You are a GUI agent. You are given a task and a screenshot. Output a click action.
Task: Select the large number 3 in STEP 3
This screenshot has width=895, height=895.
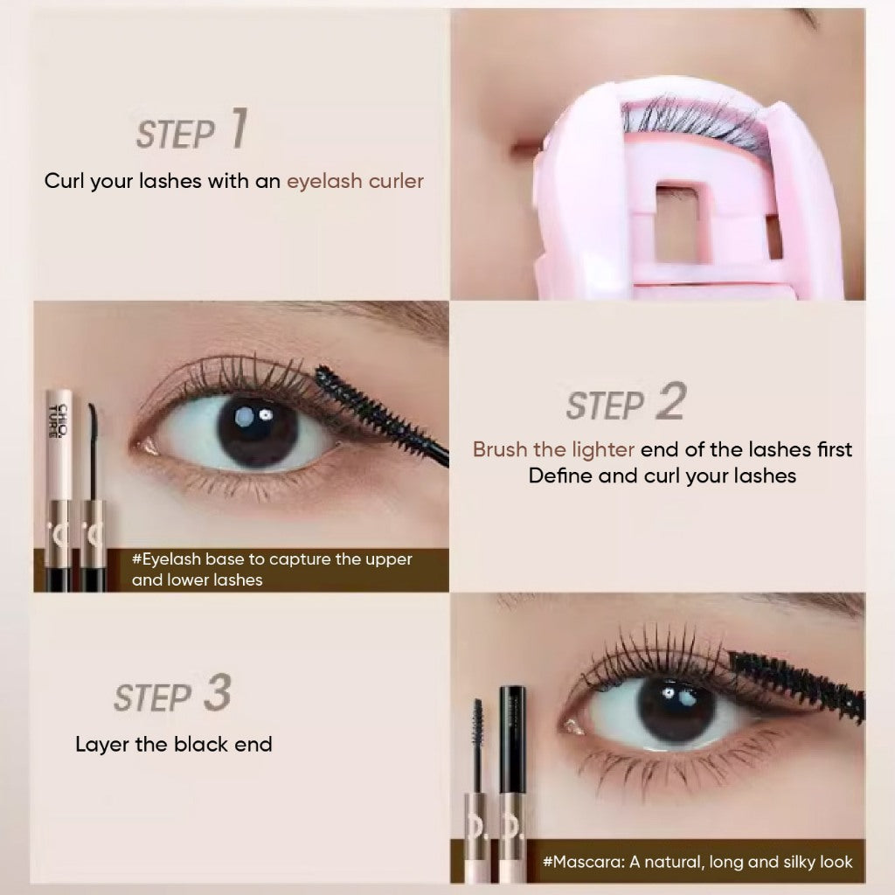[x=218, y=692]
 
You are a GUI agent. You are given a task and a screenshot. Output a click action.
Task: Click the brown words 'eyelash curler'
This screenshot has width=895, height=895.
[x=355, y=181]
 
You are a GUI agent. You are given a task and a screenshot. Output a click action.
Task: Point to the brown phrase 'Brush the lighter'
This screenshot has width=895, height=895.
[x=553, y=449]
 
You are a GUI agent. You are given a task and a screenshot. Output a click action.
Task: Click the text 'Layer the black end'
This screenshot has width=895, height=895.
[x=174, y=745]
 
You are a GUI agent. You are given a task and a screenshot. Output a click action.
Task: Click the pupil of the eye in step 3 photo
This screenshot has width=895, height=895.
[x=676, y=709]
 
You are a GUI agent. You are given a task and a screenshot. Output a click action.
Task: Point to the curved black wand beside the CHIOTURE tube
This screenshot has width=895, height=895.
[x=93, y=451]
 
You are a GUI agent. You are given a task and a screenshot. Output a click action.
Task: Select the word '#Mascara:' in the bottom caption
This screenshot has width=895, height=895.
[x=584, y=862]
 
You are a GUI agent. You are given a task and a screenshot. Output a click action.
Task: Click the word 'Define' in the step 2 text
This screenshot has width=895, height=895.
[x=560, y=475]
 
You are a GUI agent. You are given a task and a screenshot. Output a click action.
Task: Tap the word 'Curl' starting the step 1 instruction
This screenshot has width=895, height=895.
[x=65, y=181]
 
